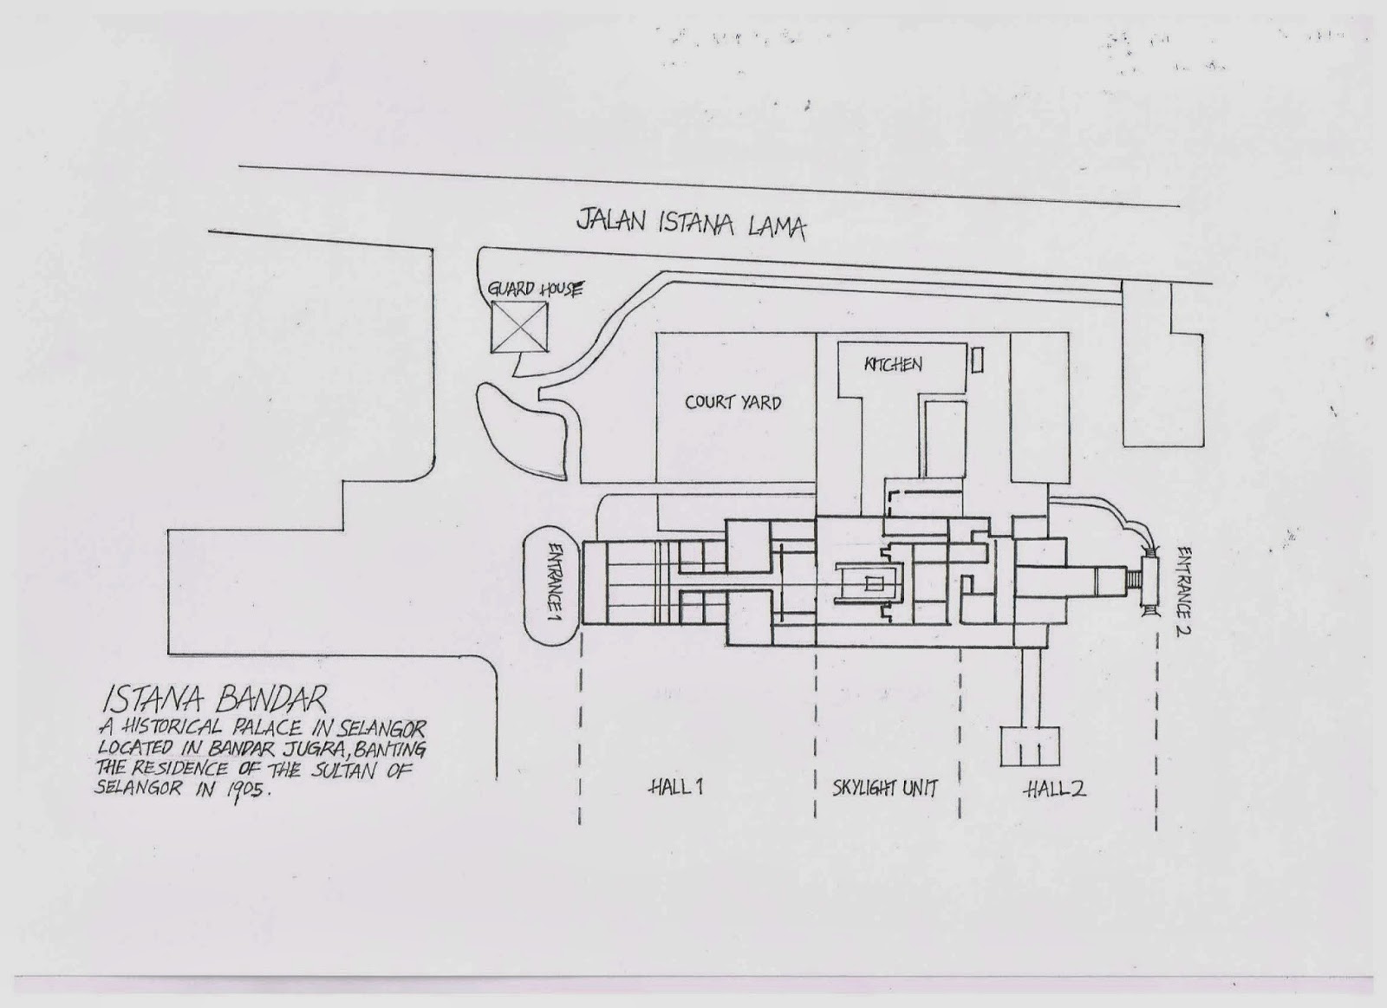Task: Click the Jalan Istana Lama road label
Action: tap(691, 224)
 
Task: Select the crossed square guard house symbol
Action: tap(519, 328)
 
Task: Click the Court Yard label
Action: tap(733, 402)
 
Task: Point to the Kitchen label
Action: tap(892, 364)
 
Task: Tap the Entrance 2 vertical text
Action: tap(1184, 590)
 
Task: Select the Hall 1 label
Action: tap(675, 787)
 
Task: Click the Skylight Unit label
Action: tap(885, 789)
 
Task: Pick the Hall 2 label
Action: tap(1054, 789)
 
